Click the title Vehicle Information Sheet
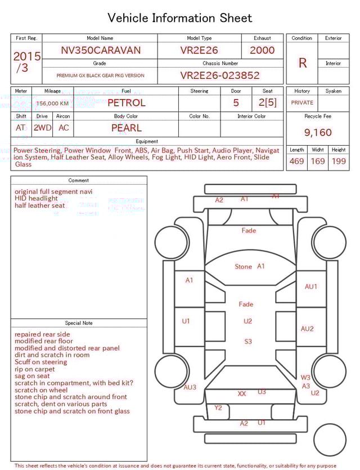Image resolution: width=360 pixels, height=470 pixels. point(180,18)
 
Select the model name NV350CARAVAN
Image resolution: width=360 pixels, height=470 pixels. point(101,50)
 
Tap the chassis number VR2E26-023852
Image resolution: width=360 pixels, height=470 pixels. point(220,75)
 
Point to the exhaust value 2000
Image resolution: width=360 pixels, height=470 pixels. point(262,50)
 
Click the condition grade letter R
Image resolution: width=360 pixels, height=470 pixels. point(302,63)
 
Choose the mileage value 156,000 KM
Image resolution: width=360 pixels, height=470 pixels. point(52,104)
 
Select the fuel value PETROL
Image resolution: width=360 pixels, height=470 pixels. point(126,102)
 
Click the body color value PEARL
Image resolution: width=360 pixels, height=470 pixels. point(126,128)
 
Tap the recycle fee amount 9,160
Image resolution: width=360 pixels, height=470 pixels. point(318,132)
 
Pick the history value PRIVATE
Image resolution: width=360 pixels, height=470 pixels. point(302,103)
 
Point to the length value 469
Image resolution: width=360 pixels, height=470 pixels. point(296,162)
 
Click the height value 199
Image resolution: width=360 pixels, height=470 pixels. point(339,162)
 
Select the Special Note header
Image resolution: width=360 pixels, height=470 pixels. point(79,323)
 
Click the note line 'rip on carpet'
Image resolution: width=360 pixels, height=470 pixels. point(35,369)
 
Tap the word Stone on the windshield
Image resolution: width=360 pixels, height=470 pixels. point(243,267)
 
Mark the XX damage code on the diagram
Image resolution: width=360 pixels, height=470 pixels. point(242,394)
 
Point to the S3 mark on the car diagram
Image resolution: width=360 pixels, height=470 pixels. point(248,342)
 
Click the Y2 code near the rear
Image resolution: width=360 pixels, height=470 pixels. point(218,408)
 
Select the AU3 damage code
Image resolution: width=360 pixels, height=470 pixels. point(190,387)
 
